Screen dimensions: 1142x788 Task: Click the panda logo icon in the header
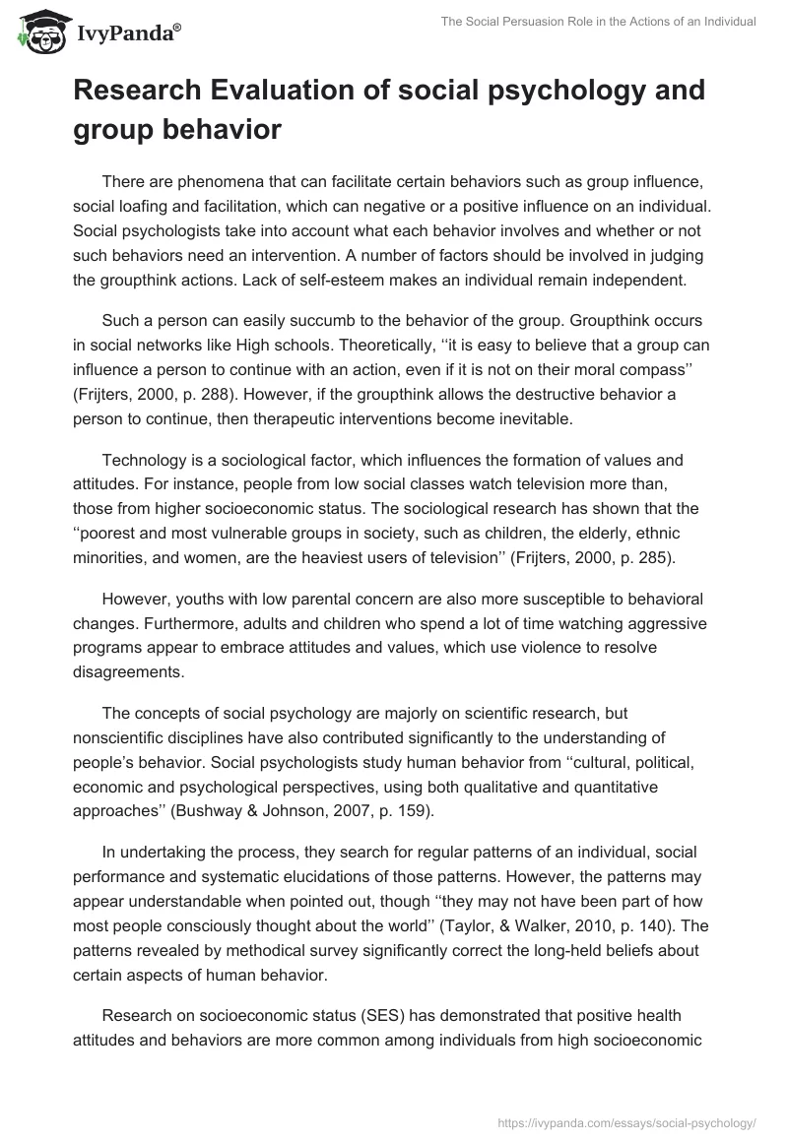[38, 32]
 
